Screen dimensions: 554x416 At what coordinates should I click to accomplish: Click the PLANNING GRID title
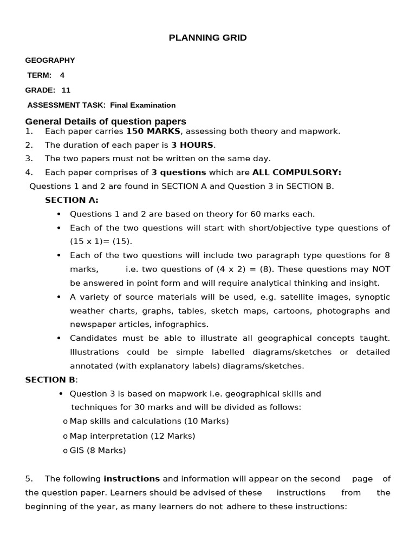207,38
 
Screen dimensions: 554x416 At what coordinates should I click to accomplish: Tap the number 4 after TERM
62,75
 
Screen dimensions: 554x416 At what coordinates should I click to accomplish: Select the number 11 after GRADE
66,90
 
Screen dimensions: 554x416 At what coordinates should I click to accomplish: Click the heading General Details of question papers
106,121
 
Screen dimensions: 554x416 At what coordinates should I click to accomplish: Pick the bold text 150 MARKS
153,131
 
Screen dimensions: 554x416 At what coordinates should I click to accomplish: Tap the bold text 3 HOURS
192,145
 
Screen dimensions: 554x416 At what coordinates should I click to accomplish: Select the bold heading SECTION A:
71,200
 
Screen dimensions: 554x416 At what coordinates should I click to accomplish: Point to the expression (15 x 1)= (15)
101,241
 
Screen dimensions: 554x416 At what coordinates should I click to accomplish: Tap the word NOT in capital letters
381,269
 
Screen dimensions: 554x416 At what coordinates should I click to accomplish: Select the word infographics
181,324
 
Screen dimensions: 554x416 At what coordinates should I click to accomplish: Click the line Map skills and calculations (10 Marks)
149,421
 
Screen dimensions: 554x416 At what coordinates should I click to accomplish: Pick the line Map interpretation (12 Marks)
133,436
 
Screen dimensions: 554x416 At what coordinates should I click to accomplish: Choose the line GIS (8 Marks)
98,450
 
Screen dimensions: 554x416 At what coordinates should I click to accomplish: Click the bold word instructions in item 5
132,479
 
